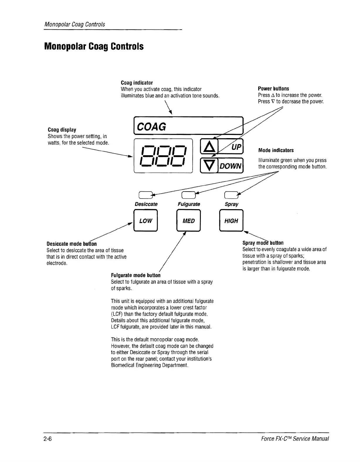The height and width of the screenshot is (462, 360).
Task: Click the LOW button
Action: tap(146, 221)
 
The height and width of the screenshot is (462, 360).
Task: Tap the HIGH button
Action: tap(231, 221)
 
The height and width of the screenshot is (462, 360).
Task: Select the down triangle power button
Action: tap(207, 166)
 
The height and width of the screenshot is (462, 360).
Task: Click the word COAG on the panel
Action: tap(152, 127)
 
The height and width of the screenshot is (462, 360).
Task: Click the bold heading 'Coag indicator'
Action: tap(137, 83)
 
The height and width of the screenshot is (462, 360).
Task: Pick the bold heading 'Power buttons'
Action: tap(274, 89)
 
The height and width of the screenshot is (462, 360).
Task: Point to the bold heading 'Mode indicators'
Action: tap(276, 150)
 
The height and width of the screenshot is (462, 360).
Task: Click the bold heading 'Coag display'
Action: tap(62, 130)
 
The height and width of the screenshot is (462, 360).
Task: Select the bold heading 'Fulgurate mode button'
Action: tap(136, 275)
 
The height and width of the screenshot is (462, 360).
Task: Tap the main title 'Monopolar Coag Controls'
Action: tap(94, 46)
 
